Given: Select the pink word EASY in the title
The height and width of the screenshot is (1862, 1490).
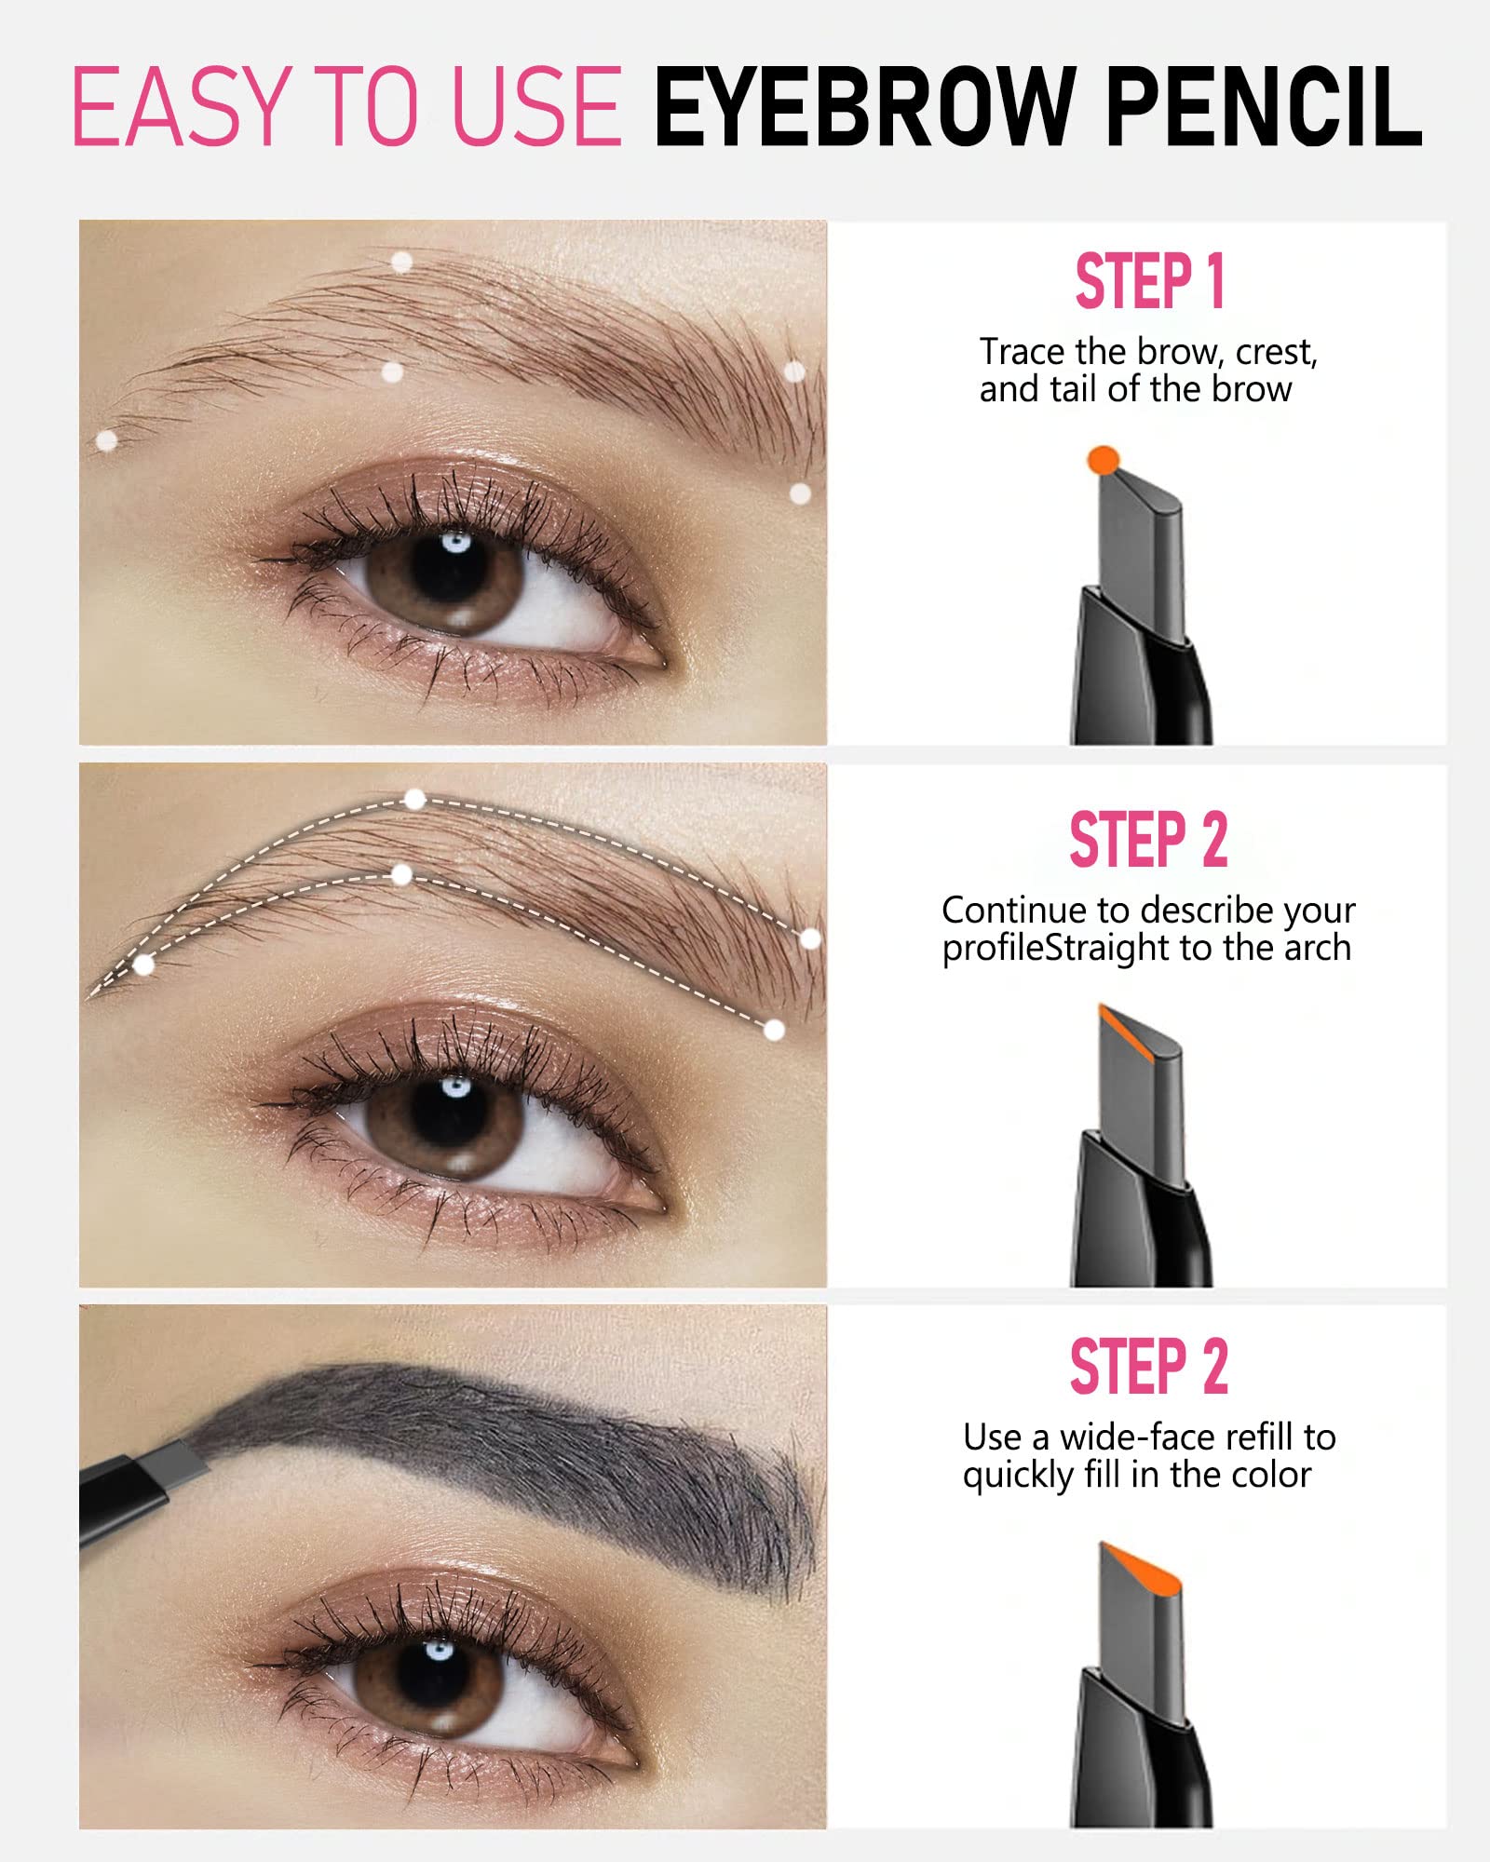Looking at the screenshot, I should point(177,107).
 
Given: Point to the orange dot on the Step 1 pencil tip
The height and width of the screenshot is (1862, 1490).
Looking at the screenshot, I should point(1103,459).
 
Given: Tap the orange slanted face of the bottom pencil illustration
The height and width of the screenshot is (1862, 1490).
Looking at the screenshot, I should point(1142,1570).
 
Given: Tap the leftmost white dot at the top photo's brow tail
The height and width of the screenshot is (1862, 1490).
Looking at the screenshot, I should point(107,440).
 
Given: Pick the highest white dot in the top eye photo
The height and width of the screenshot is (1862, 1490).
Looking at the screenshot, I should point(401,262).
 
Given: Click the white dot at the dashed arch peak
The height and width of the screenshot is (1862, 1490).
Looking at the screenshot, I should point(414,799).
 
